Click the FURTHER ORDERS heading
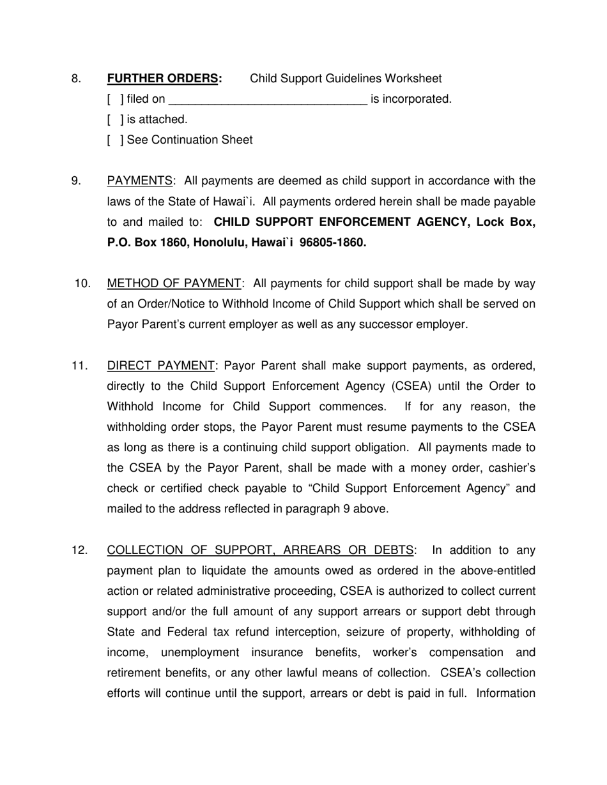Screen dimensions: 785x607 164,78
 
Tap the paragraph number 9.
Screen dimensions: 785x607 77,181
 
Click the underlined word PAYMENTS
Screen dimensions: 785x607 140,181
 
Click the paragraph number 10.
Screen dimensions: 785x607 82,283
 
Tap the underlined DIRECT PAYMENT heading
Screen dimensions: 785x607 161,366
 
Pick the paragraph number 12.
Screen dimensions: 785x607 79,550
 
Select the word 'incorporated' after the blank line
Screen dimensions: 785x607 415,99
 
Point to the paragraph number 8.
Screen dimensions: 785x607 77,78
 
